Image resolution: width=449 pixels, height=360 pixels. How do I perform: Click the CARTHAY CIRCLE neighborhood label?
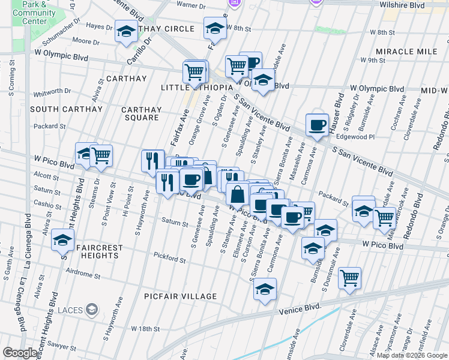tap(158, 29)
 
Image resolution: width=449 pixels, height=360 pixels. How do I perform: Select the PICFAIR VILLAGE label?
tap(181, 296)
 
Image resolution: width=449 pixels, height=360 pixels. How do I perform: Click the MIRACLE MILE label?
tap(406, 52)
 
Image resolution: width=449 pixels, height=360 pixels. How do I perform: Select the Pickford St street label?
tap(169, 259)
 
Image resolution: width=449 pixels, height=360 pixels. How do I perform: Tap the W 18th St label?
tap(147, 329)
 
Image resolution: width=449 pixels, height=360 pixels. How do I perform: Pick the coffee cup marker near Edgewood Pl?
tap(317, 125)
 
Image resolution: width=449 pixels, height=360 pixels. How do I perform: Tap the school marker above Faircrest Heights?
tap(62, 241)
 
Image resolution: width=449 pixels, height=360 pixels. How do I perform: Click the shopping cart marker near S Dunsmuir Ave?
tap(349, 278)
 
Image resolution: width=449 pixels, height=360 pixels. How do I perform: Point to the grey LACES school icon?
tap(91, 310)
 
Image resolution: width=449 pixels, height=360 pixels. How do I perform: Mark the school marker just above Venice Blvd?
tap(265, 289)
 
